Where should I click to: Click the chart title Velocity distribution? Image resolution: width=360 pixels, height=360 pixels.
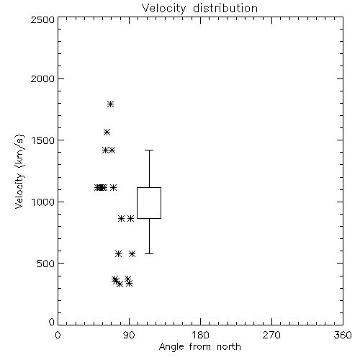[199, 8]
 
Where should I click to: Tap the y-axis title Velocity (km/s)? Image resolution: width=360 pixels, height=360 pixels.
[19, 171]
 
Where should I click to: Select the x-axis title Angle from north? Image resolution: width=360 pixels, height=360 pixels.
[199, 347]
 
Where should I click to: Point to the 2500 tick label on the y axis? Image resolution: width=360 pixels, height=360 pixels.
[42, 19]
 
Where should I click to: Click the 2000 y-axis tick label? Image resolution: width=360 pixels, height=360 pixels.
[42, 78]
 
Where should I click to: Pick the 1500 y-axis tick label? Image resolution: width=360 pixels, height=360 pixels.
[43, 140]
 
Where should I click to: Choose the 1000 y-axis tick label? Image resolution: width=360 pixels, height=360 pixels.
[43, 202]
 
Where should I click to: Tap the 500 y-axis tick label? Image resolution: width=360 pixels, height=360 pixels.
[46, 264]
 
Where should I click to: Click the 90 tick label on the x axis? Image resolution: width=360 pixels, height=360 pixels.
[129, 335]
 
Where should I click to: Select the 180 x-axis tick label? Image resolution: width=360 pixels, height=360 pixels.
[200, 335]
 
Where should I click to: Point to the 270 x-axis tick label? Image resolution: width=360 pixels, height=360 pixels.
[271, 335]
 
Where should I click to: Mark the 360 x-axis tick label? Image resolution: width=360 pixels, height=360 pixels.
[343, 335]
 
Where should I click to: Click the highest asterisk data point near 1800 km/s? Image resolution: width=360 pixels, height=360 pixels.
[110, 104]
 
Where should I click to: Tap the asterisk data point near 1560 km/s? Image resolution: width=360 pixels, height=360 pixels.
[107, 132]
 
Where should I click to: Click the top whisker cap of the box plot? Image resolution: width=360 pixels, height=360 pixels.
[149, 150]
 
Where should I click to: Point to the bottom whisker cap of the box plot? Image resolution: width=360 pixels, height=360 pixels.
[149, 253]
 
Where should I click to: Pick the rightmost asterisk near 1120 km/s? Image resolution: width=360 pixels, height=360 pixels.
[113, 187]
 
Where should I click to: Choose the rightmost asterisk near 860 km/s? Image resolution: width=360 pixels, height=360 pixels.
[130, 219]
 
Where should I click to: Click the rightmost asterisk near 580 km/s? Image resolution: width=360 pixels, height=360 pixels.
[132, 253]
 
